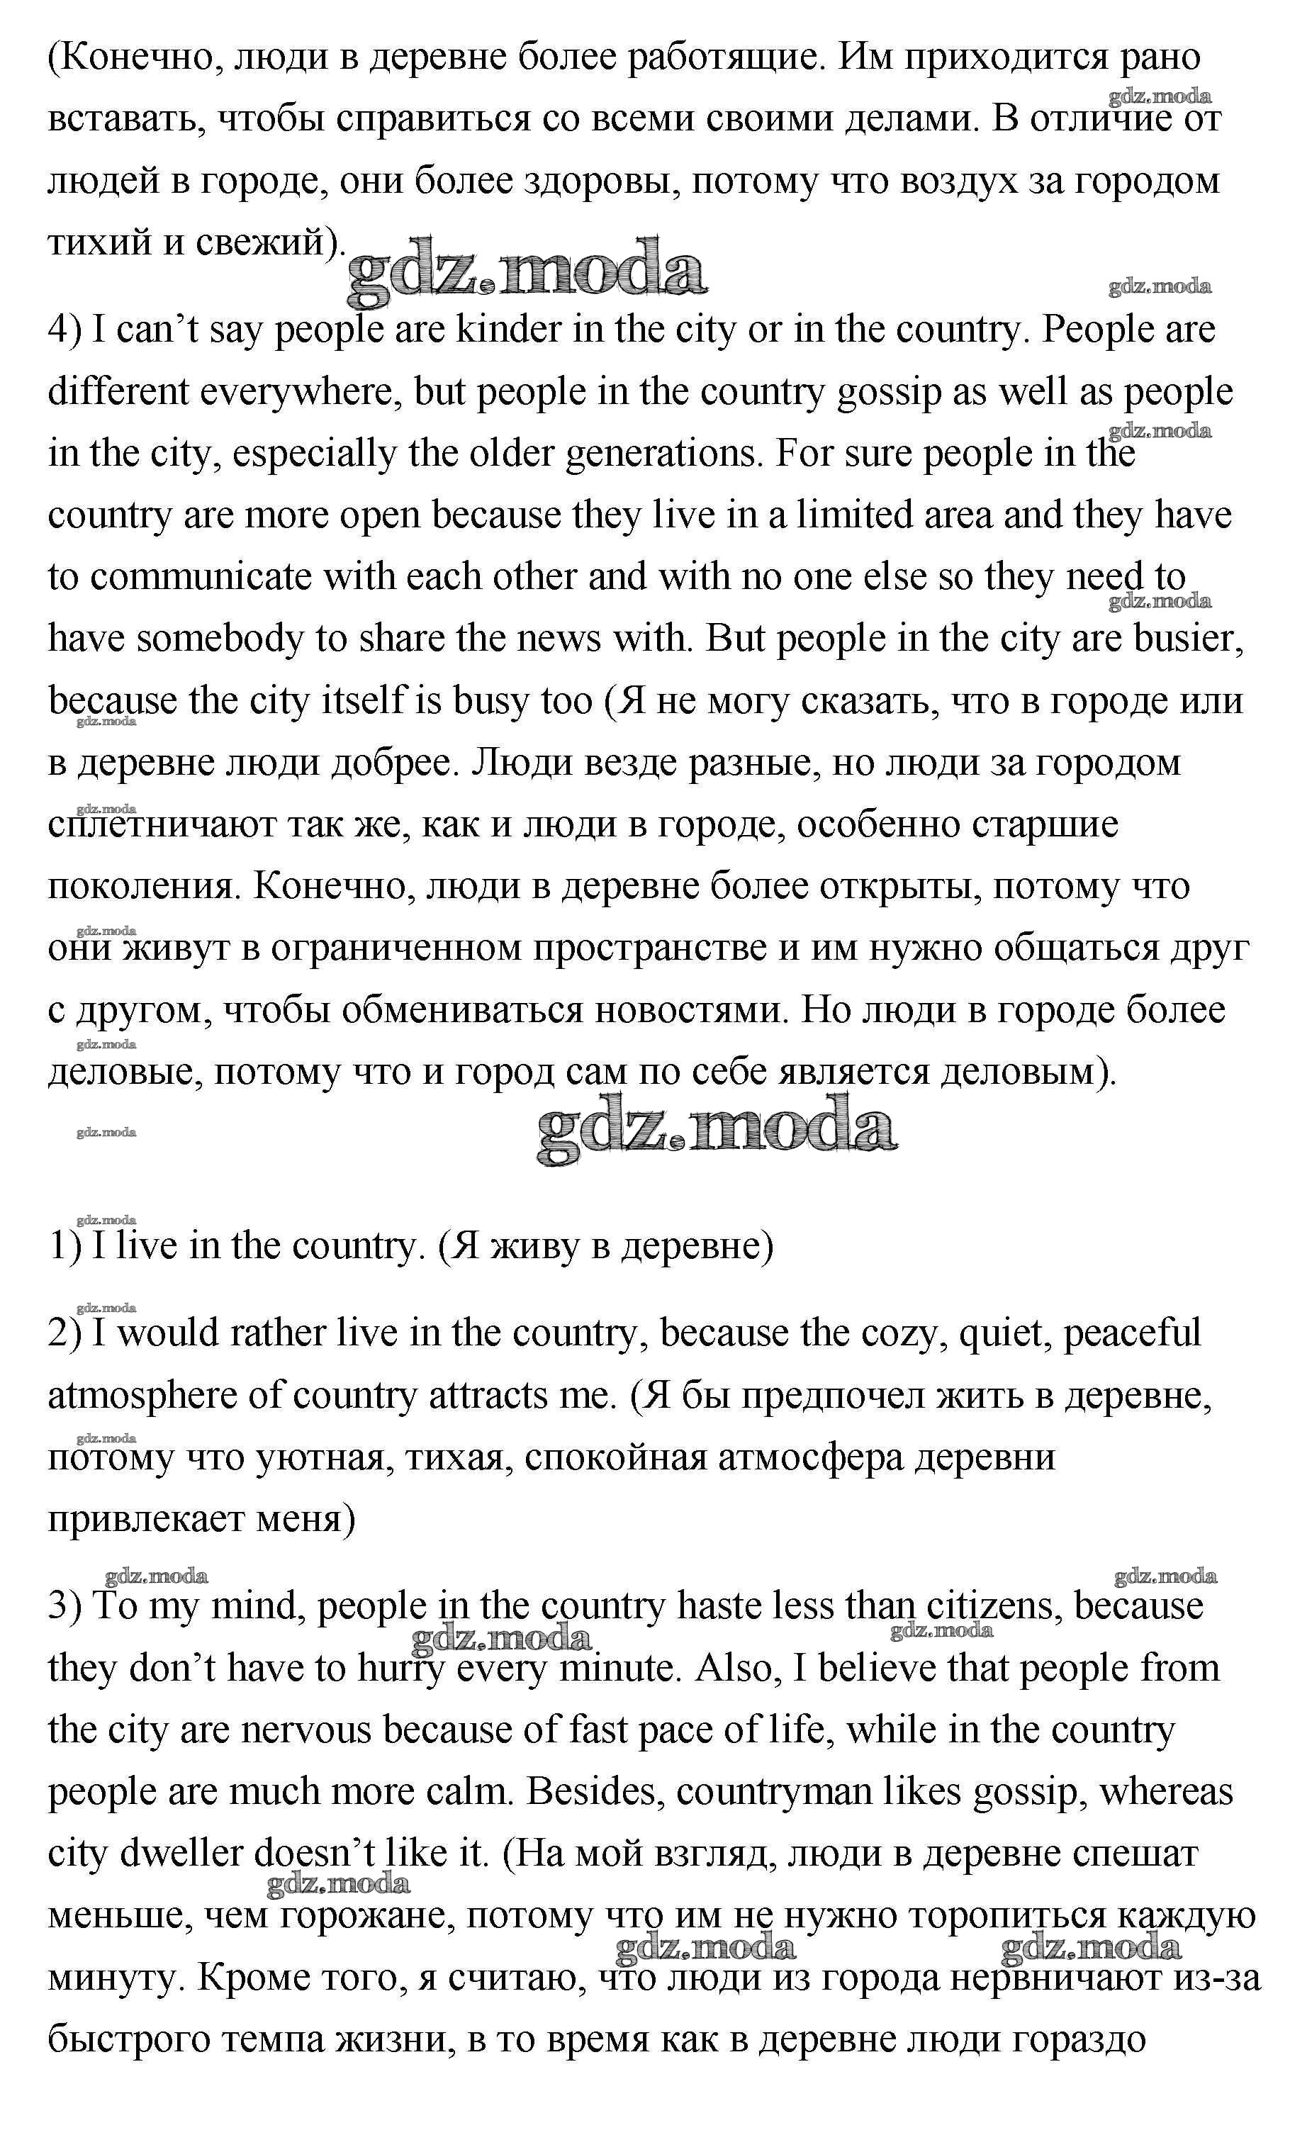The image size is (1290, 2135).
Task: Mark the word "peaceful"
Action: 1131,1333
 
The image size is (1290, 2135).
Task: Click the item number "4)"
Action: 65,330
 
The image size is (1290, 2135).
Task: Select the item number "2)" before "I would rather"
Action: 65,1333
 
